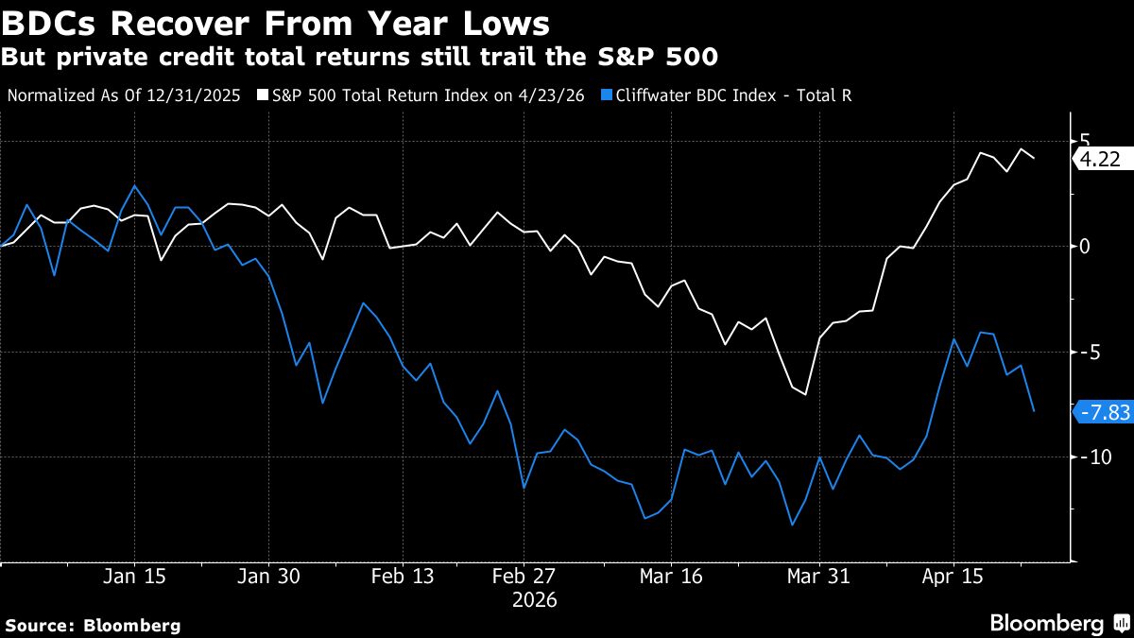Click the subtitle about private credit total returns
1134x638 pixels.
359,57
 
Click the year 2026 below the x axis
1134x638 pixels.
535,600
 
